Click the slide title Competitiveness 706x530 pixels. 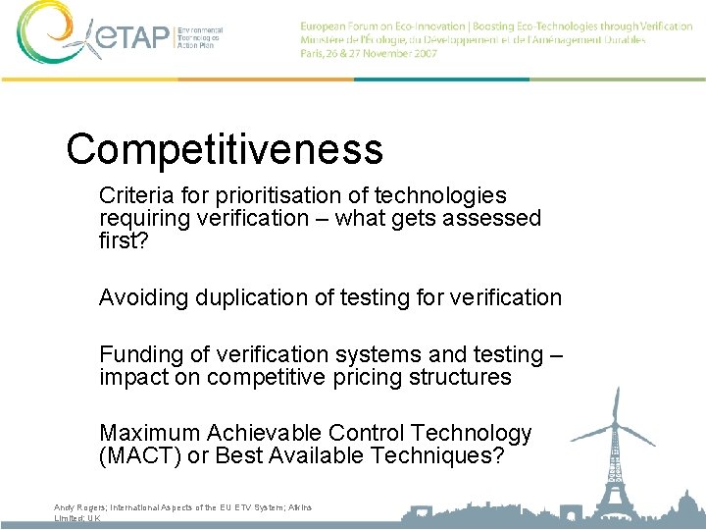pos(225,149)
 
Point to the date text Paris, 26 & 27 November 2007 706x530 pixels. pos(370,54)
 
